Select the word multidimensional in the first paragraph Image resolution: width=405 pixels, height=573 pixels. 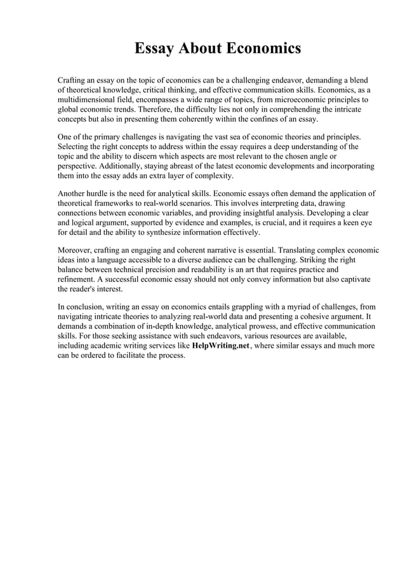tap(90, 100)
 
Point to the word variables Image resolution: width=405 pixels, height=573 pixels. tap(199, 214)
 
